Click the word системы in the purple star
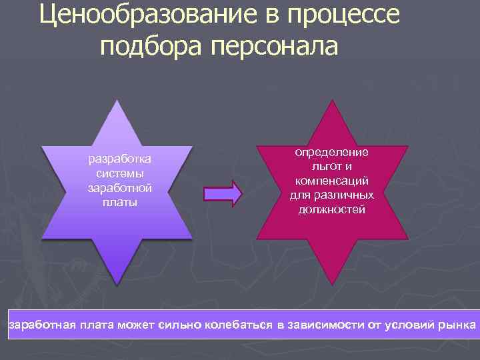pos(120,173)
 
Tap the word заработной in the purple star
pos(120,187)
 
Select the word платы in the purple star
pos(120,201)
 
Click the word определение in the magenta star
pos(331,152)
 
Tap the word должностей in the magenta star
pos(331,209)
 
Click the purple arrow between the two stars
pos(223,193)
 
